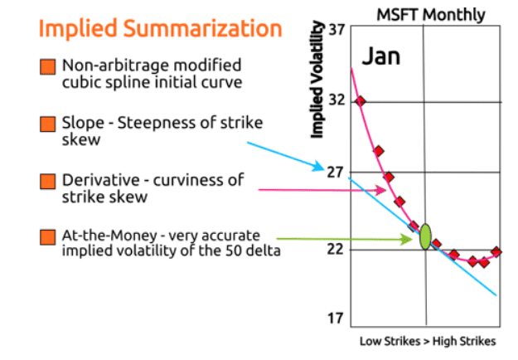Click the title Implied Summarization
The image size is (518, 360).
point(160,30)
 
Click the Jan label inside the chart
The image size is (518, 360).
point(380,56)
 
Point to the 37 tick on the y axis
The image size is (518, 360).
point(336,30)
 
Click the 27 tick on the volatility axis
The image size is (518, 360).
point(336,173)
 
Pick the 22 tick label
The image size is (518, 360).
point(336,249)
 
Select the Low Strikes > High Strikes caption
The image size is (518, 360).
point(427,341)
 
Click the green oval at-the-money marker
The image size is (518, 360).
point(426,236)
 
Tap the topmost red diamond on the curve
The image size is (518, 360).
point(361,101)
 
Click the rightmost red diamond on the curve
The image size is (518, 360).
point(496,251)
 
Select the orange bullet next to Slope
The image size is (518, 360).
point(47,124)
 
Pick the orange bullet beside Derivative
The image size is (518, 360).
point(47,181)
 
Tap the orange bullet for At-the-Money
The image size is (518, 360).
point(47,238)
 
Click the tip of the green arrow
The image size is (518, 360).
point(414,238)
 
